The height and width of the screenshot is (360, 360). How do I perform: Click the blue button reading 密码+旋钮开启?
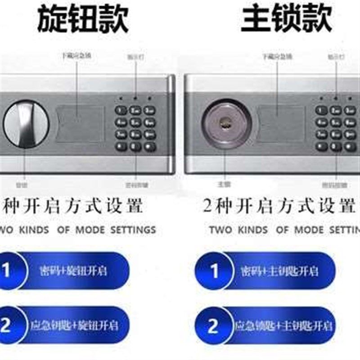coord(74,271)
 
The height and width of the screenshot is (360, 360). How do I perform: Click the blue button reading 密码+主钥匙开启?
coord(279,271)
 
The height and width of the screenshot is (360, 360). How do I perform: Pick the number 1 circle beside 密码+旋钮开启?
coord(7,271)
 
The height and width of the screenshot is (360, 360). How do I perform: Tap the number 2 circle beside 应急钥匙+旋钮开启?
coord(7,325)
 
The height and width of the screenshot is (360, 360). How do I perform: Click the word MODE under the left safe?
coord(90,229)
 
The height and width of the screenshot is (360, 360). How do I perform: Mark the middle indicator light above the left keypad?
coord(135,97)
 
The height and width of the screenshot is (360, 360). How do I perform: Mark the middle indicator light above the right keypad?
coord(335,97)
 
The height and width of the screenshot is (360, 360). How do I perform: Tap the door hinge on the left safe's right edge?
coord(171,124)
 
